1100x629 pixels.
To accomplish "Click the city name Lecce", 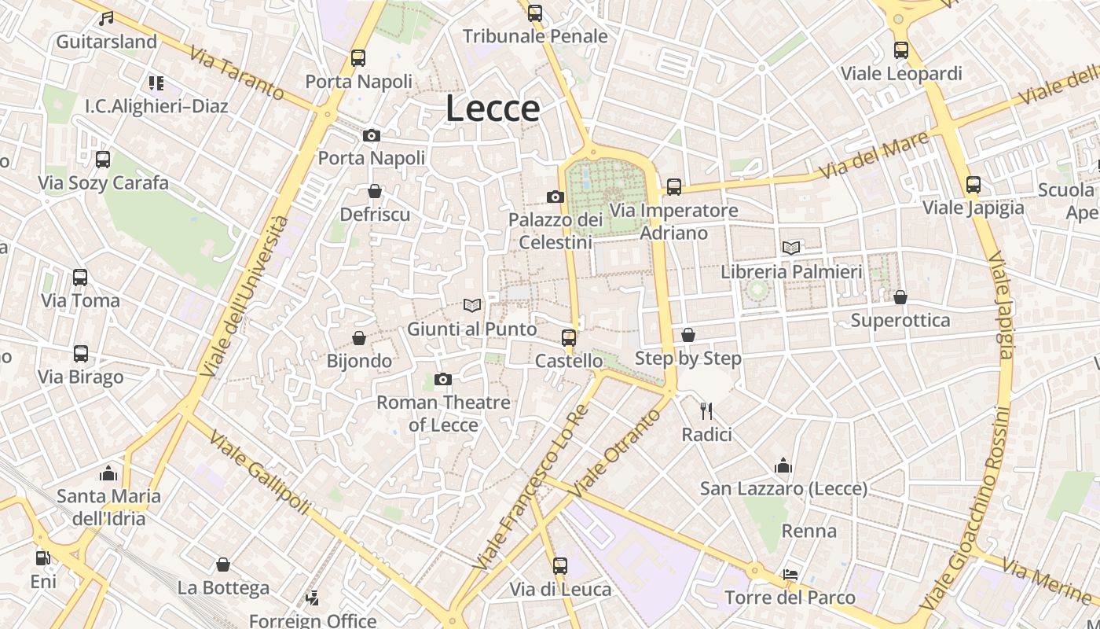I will point(493,109).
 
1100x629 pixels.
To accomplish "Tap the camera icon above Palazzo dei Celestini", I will point(555,197).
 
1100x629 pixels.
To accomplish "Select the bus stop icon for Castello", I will point(569,338).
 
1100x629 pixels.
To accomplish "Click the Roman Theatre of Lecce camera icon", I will point(443,380).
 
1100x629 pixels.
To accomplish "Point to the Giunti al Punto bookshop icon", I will point(471,305).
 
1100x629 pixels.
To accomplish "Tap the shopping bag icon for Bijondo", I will point(359,338).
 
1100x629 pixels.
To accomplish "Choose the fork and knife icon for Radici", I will point(706,410).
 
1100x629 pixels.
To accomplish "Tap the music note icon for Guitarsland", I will point(107,18).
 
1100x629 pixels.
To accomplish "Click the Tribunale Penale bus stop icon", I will point(535,13).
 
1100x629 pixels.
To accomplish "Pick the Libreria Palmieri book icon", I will point(791,248).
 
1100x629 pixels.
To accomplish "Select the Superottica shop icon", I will point(900,297).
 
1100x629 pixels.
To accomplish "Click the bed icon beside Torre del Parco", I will point(790,575).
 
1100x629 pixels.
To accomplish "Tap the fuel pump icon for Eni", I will point(43,558).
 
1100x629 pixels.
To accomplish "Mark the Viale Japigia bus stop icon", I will point(973,185).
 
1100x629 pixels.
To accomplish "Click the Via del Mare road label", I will point(874,155).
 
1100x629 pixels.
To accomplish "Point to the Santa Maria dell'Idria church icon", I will point(108,473).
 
